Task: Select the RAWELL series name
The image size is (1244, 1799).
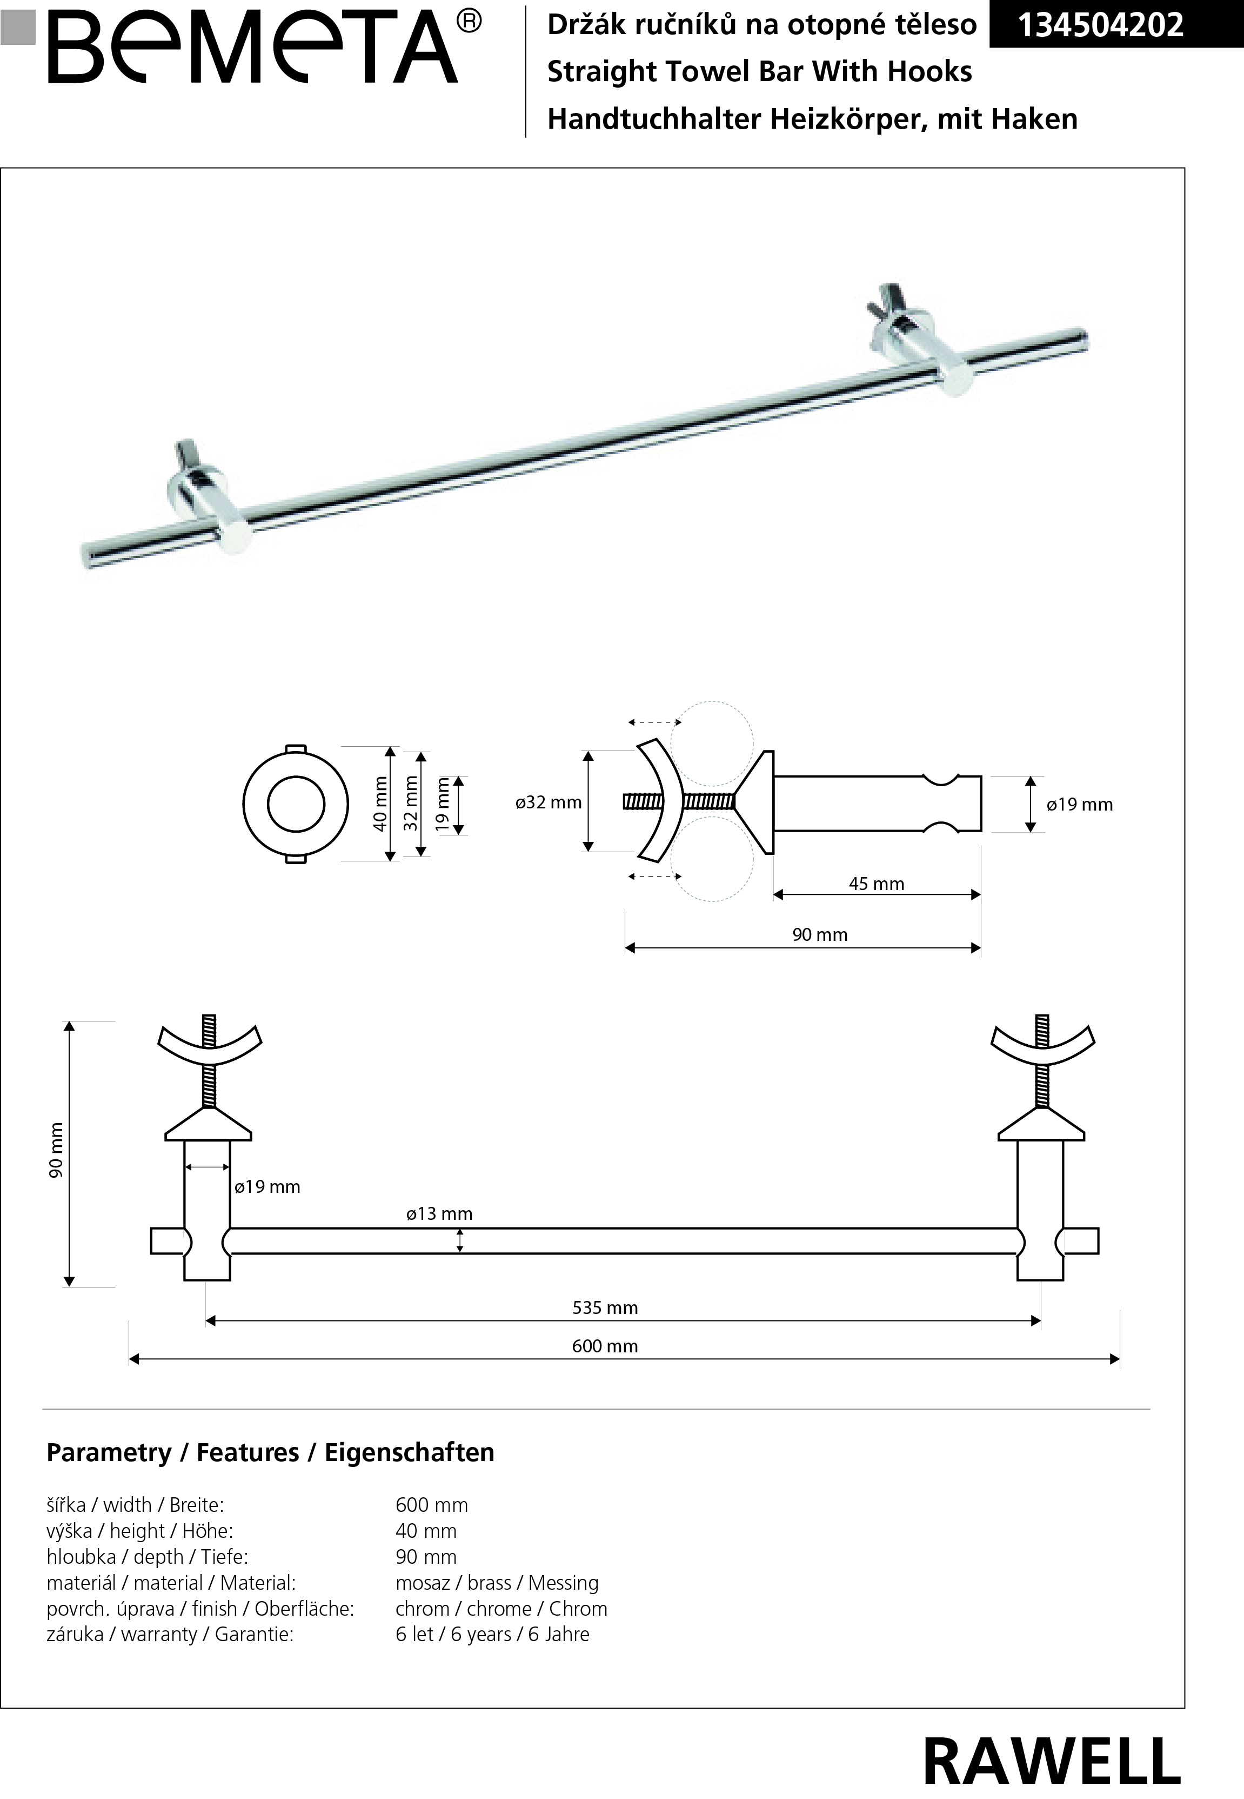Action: coord(1052,1761)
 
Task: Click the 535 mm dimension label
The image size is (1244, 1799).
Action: coord(605,1307)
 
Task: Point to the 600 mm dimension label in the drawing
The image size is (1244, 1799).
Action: coord(605,1346)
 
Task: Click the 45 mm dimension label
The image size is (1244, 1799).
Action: coord(876,884)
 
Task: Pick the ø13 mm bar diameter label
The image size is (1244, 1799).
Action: coord(439,1213)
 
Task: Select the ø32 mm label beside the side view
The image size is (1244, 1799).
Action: coord(549,802)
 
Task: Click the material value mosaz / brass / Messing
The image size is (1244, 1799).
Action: coord(497,1583)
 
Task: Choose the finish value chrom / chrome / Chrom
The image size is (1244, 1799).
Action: coord(501,1609)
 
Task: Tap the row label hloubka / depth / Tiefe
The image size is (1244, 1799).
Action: coord(148,1557)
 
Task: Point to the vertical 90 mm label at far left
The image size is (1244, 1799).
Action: coord(57,1150)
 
